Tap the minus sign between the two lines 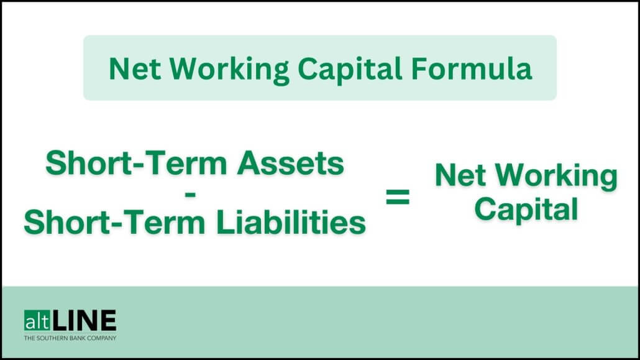coord(191,195)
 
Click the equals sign coord(398,198)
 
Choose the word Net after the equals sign coord(461,176)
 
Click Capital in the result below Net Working coord(526,210)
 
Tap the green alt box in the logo coord(37,321)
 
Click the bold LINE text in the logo coord(85,321)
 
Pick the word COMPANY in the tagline coord(103,338)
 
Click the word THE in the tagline coord(29,338)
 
